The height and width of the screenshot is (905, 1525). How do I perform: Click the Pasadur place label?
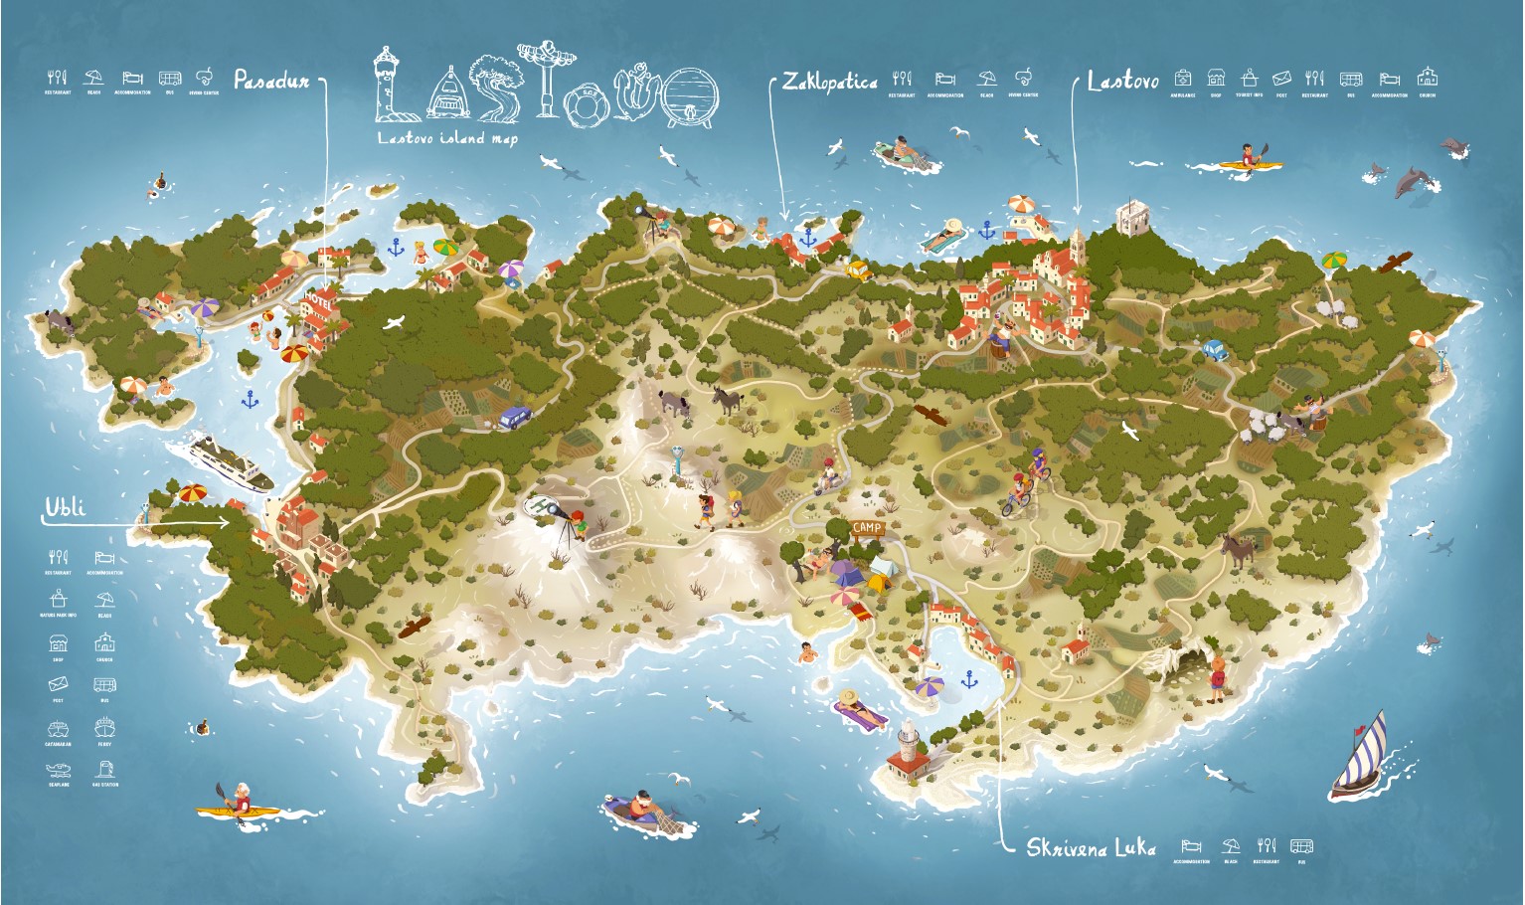click(271, 80)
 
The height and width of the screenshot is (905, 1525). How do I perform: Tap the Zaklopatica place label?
click(829, 82)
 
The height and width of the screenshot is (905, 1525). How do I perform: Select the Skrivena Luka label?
click(1091, 847)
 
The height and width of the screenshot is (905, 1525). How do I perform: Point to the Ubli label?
click(66, 508)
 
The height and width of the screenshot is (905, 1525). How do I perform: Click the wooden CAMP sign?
click(867, 528)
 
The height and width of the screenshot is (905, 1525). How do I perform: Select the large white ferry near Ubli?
click(230, 461)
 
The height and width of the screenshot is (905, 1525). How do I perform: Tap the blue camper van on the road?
click(514, 416)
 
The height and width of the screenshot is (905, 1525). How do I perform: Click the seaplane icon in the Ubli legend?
click(58, 770)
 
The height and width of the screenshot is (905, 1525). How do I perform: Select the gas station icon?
click(104, 770)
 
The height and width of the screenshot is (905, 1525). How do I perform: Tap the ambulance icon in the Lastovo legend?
click(1182, 78)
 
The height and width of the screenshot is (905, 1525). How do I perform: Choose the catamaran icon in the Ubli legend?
click(58, 728)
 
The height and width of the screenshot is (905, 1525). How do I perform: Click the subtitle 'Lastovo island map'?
click(447, 138)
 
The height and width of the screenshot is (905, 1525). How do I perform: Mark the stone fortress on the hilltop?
click(1130, 217)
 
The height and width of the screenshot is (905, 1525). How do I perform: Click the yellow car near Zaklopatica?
click(857, 269)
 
